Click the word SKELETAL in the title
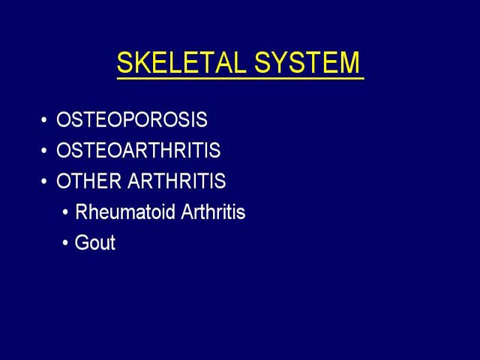click(181, 62)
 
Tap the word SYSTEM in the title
click(307, 62)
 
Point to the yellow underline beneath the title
click(240, 79)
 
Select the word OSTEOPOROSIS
click(132, 119)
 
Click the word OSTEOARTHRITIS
click(138, 150)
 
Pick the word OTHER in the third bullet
click(88, 181)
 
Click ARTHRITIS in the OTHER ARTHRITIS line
click(177, 181)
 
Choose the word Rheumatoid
click(125, 211)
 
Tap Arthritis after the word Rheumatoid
click(213, 211)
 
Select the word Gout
click(95, 242)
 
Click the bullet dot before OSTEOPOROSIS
click(44, 119)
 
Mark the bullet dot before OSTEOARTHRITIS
click(44, 150)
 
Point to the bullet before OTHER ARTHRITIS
click(44, 181)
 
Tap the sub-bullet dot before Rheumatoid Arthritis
click(65, 211)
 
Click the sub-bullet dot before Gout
click(65, 243)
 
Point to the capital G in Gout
click(82, 242)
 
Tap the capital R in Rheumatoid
click(82, 211)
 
